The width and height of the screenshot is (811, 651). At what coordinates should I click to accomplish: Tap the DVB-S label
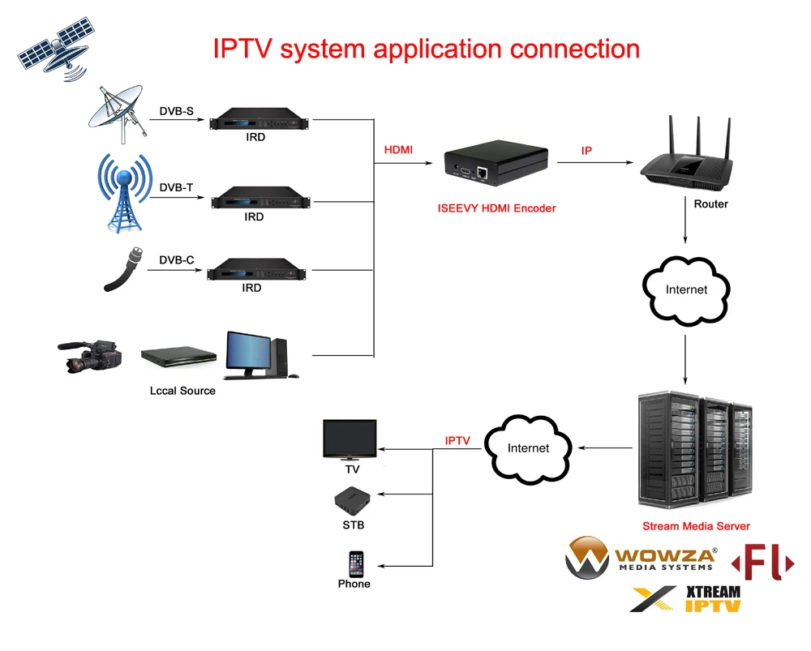coord(176,111)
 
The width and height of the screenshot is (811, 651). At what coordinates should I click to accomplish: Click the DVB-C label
coord(176,260)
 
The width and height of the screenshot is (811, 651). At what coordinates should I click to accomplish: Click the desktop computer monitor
coord(250,353)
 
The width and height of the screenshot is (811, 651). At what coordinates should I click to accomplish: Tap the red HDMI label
coord(398,150)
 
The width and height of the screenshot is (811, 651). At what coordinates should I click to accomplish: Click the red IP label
coord(586,151)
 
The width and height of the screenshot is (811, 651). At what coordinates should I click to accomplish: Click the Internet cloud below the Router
coord(686,289)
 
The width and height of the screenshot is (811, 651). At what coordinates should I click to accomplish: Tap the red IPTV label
coord(457,440)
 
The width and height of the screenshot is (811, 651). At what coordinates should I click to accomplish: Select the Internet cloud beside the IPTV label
coord(528,448)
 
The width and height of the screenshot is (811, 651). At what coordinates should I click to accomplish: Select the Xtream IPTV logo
coord(686,599)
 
